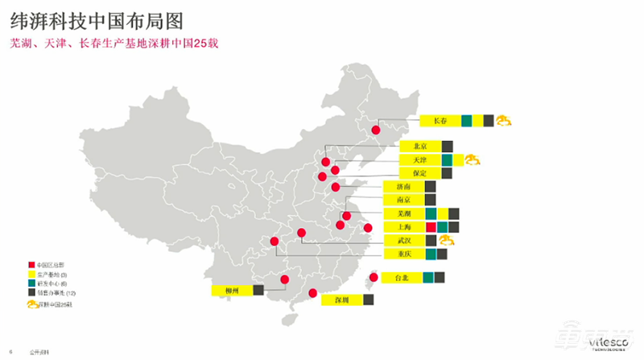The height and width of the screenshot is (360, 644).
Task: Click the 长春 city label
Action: (x=440, y=121)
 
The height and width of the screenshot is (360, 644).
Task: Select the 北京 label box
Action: (x=419, y=147)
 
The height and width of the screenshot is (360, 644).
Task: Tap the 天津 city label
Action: (x=419, y=159)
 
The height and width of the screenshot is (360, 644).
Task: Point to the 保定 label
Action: (x=419, y=173)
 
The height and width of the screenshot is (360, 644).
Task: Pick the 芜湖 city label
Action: (x=403, y=213)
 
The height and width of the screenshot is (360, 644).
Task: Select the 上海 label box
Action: (x=403, y=227)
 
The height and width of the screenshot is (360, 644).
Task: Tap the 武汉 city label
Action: (x=403, y=240)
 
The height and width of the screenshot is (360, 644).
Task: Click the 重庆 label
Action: (x=403, y=254)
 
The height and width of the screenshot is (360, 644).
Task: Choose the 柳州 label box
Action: (x=232, y=290)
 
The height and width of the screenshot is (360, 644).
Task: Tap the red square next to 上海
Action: (x=431, y=227)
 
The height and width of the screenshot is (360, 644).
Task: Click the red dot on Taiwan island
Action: (x=372, y=279)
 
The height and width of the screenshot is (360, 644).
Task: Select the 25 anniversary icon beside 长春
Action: (x=505, y=121)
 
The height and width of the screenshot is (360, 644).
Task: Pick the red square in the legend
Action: (x=31, y=265)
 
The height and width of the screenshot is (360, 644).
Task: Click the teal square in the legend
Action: (x=31, y=283)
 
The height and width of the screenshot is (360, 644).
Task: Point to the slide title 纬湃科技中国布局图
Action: (x=96, y=17)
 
